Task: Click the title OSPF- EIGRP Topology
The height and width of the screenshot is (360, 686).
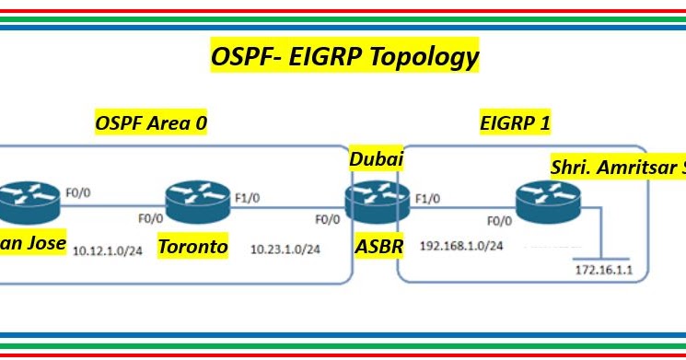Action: [x=343, y=57]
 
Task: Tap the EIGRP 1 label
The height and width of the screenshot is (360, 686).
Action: [x=517, y=122]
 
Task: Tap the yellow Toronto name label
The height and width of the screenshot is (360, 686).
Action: [x=192, y=247]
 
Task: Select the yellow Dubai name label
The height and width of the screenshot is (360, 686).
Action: [x=377, y=159]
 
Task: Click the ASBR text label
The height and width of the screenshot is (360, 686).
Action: [x=377, y=247]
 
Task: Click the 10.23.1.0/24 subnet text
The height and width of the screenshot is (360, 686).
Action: [x=288, y=249]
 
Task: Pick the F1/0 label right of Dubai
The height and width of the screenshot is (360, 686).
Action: [x=425, y=197]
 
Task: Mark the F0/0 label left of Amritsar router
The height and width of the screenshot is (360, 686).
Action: [x=497, y=221]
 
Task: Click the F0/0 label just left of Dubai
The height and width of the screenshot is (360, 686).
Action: [x=327, y=221]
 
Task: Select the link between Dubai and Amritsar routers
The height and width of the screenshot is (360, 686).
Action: [x=460, y=206]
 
